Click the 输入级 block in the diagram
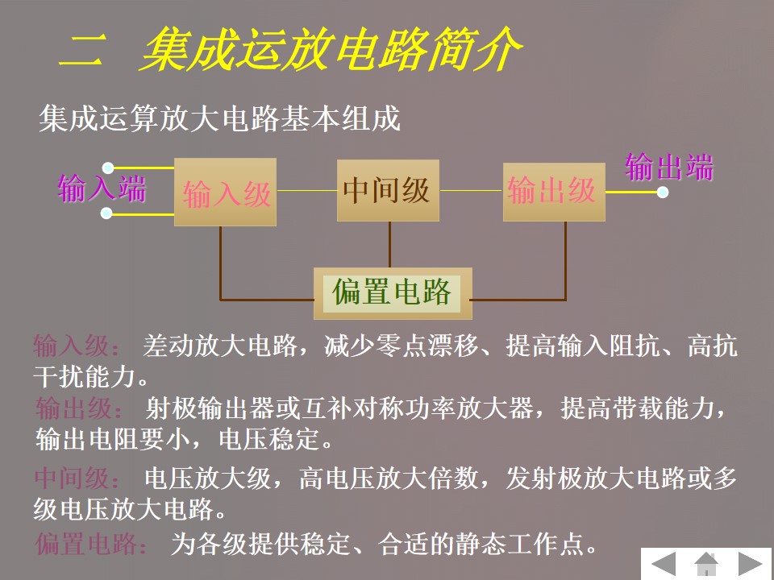[x=226, y=192]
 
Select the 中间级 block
[x=388, y=191]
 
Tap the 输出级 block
[x=553, y=192]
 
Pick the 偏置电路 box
[x=392, y=292]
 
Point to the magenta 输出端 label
[x=669, y=168]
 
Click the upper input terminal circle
[x=107, y=169]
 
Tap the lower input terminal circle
[x=106, y=213]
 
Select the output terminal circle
[x=663, y=192]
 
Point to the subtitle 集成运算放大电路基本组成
[x=219, y=120]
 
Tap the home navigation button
[x=707, y=563]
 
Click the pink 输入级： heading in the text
[x=78, y=347]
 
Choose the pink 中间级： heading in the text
[x=78, y=478]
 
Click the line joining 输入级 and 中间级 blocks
[x=306, y=191]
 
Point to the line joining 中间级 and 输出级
[x=471, y=191]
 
